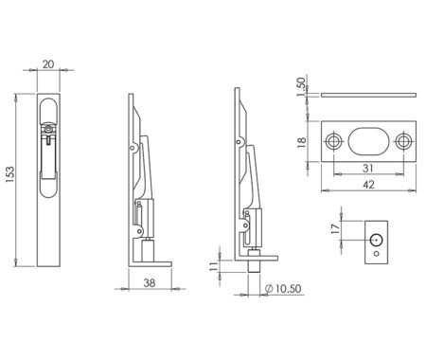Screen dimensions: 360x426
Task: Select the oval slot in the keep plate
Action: [368, 140]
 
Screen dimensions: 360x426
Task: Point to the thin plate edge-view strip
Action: [368, 95]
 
